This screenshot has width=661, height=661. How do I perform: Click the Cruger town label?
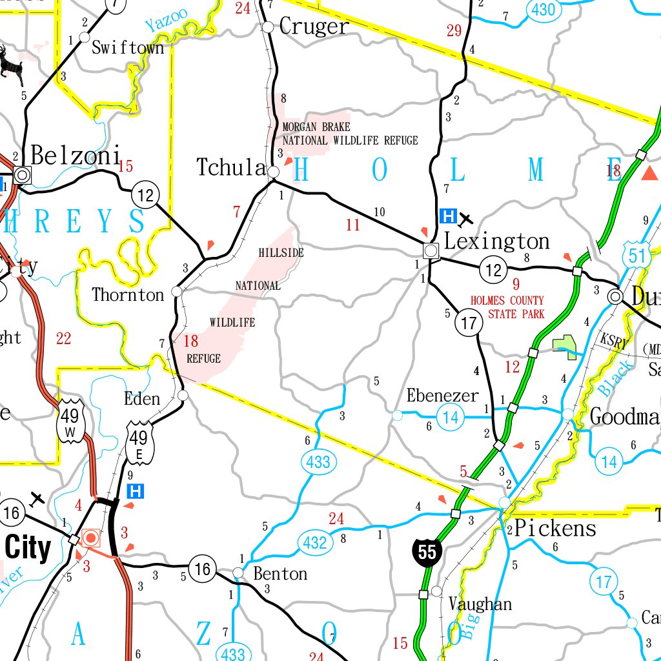314,26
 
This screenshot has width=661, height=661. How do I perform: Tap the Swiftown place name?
128,48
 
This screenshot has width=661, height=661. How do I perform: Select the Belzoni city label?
76,156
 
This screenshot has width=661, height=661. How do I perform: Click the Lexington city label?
497,241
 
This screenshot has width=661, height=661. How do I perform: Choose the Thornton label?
128,295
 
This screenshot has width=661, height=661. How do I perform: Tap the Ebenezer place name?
442,395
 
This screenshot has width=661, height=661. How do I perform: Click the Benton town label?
280,573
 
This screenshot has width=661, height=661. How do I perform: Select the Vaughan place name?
480,604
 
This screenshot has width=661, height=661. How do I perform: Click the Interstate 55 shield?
427,553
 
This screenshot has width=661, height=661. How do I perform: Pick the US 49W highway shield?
70,420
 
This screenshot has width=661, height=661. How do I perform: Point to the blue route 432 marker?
314,543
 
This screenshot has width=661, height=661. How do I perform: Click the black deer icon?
10,65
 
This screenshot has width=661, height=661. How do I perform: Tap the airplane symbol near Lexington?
466,219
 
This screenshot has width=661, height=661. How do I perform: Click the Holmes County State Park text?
507,307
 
